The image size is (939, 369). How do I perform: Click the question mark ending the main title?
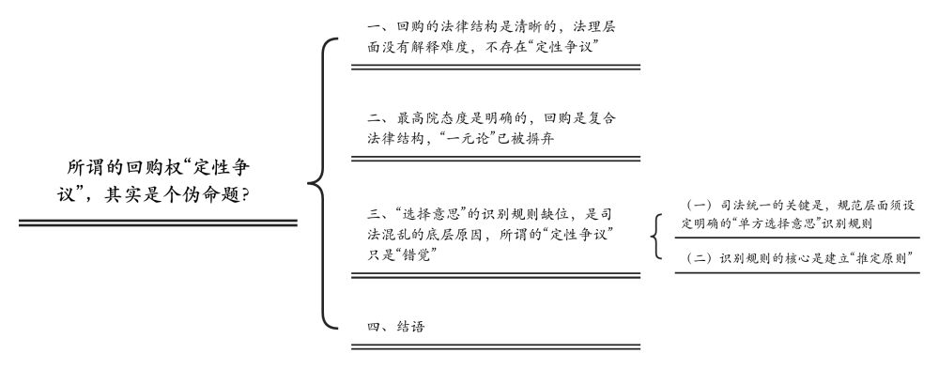pos(245,195)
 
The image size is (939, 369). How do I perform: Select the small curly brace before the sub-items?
pos(657,237)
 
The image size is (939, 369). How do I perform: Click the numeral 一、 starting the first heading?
pos(378,27)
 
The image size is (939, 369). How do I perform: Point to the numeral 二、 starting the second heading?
pos(378,118)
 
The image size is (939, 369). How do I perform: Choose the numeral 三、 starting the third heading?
pos(378,215)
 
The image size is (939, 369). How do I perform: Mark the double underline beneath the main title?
pos(158,223)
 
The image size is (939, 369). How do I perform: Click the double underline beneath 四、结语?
pos(496,346)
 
